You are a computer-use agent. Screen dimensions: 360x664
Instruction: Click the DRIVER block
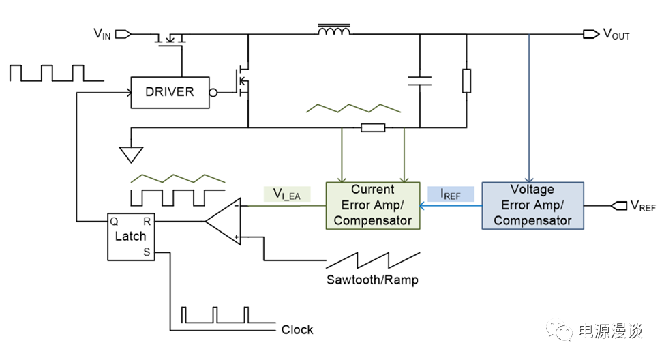click(169, 92)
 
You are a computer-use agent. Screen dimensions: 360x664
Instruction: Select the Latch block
click(130, 236)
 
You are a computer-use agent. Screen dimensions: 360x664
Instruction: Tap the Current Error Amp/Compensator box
click(372, 205)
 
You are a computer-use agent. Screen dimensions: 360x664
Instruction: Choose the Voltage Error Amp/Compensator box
click(532, 205)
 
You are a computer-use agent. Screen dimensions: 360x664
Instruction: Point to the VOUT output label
click(616, 34)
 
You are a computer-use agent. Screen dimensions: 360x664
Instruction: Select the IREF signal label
click(451, 194)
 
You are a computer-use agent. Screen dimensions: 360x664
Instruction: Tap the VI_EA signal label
click(286, 195)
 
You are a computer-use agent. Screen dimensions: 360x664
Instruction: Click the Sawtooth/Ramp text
click(372, 280)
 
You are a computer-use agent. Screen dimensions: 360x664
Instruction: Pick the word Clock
click(297, 330)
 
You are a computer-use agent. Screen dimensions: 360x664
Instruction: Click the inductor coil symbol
click(334, 31)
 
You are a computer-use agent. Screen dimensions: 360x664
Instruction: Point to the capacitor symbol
click(420, 80)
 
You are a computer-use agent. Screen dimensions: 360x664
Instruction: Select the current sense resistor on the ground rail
click(373, 127)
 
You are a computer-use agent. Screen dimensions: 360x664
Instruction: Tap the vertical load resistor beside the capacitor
click(466, 80)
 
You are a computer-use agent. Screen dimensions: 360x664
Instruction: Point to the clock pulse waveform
click(215, 315)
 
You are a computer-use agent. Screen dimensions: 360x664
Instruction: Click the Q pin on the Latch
click(113, 221)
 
